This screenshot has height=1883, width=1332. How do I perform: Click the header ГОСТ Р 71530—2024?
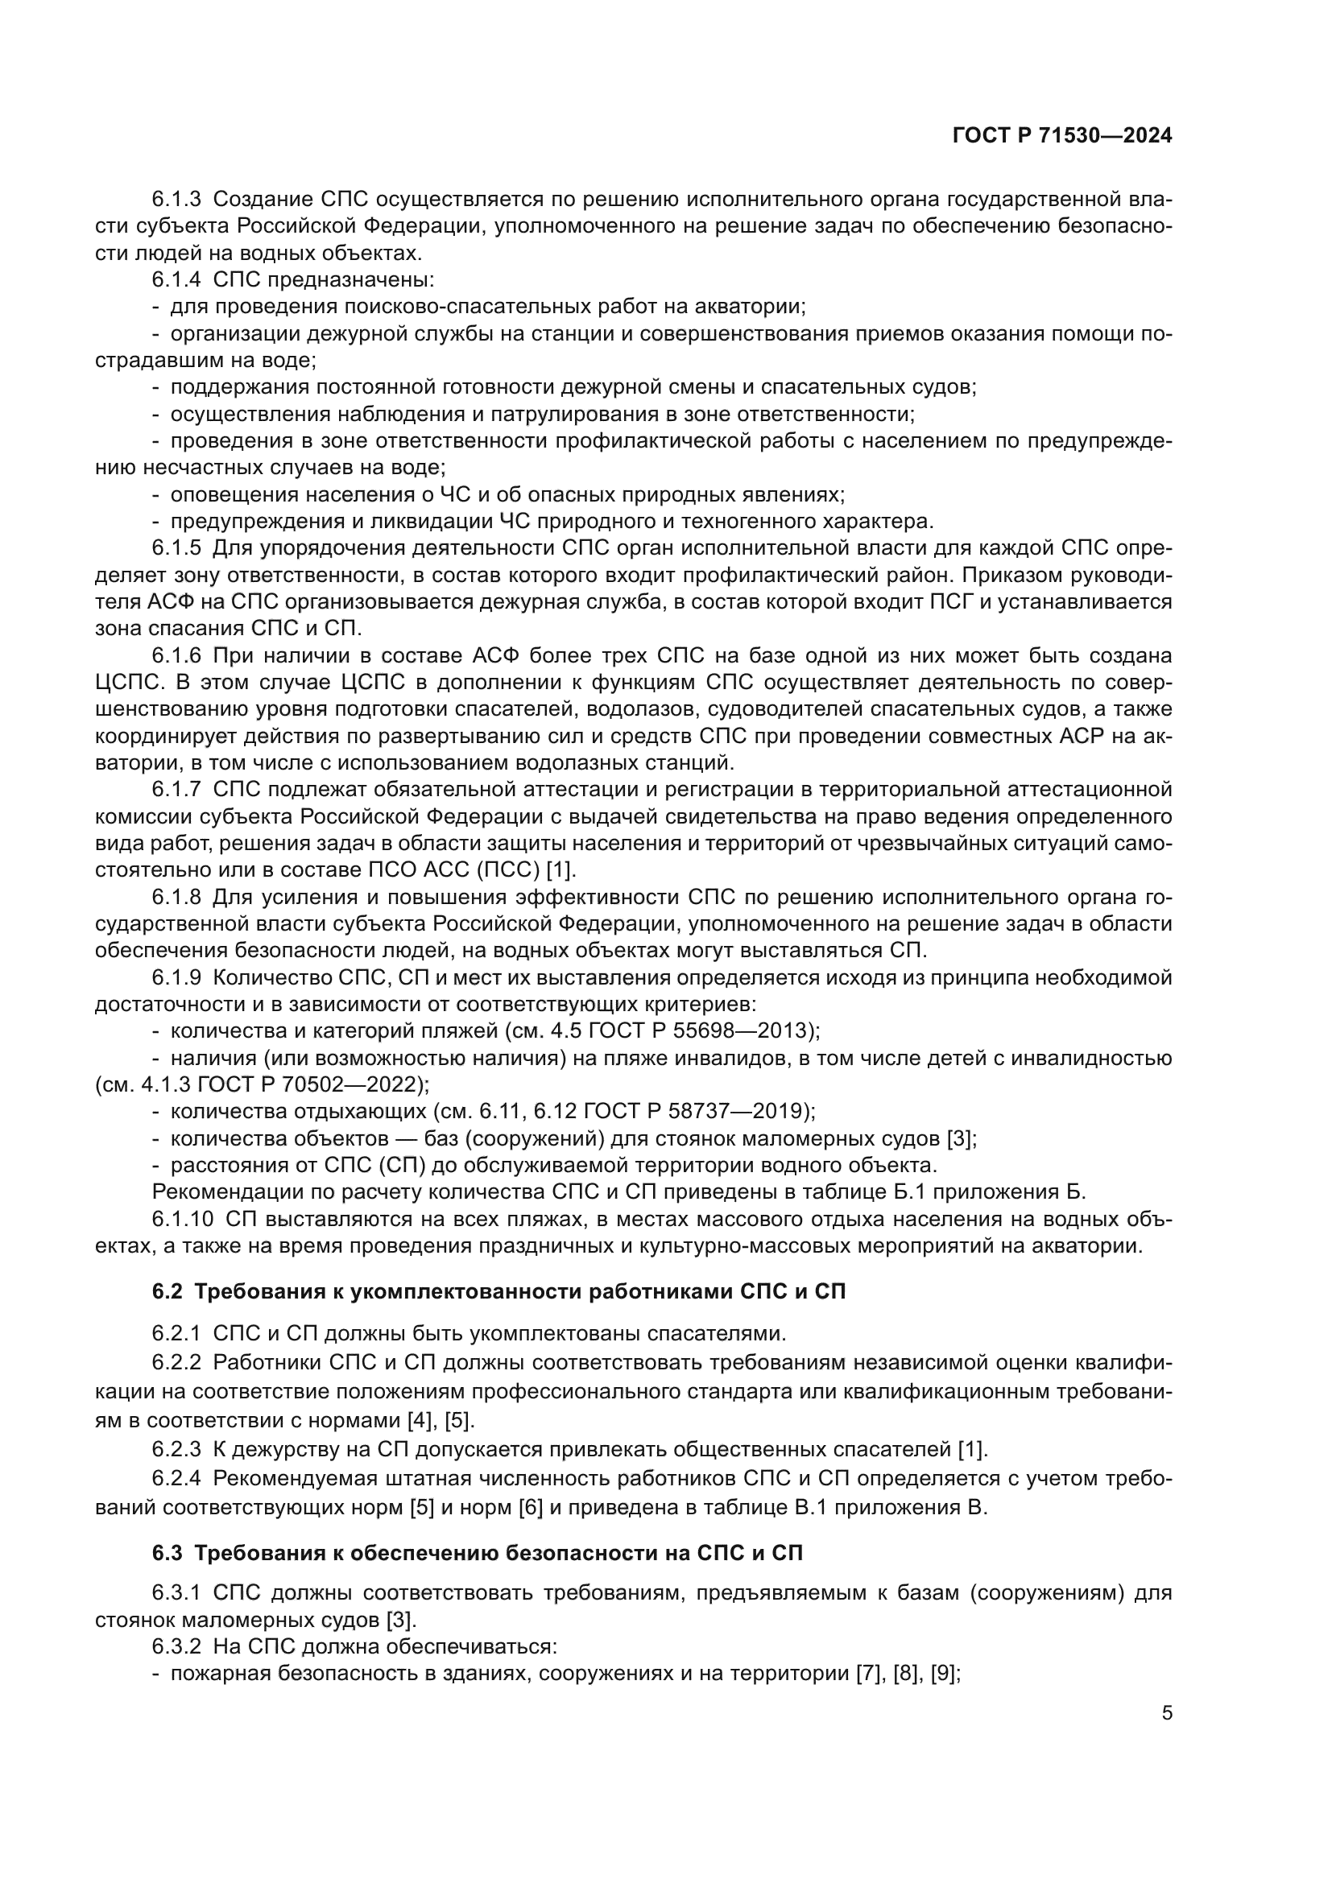(1061, 136)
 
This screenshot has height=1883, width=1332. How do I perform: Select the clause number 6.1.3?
(176, 200)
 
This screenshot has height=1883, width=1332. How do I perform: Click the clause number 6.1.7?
(176, 790)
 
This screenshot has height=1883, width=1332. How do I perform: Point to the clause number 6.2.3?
(176, 1449)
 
